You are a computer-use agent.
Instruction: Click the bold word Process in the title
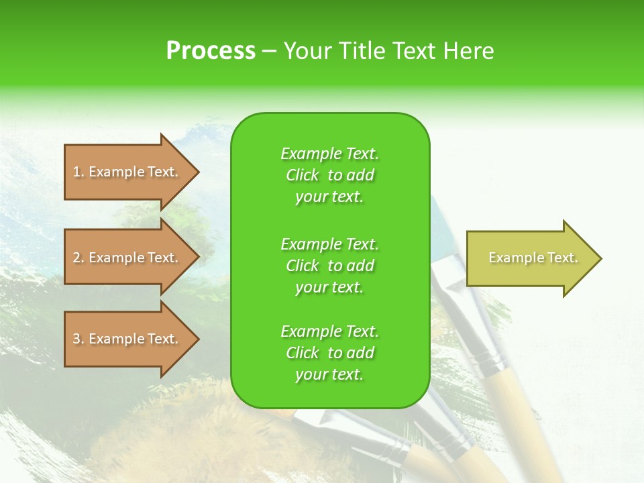211,51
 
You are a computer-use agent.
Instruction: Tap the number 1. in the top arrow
78,172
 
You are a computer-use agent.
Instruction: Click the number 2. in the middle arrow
78,258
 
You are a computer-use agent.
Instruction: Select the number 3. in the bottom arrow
78,339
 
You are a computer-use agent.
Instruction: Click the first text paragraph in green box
329,175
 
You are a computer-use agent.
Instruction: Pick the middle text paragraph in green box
329,266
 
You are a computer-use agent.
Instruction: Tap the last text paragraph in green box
329,353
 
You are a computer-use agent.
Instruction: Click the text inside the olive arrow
533,258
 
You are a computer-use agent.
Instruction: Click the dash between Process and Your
270,52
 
